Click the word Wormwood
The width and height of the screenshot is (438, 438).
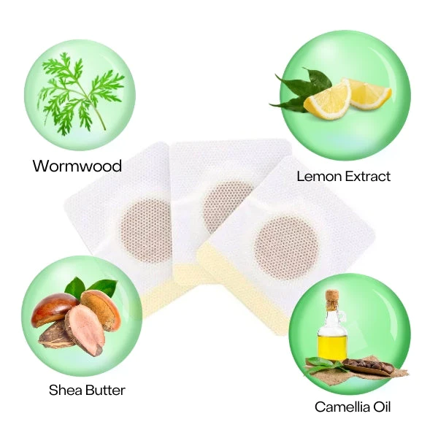(76, 166)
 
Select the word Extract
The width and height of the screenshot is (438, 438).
(366, 176)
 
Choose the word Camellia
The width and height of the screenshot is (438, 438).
(342, 407)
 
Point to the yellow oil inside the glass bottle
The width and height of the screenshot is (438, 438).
(330, 345)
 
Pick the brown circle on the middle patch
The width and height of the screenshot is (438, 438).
(228, 204)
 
